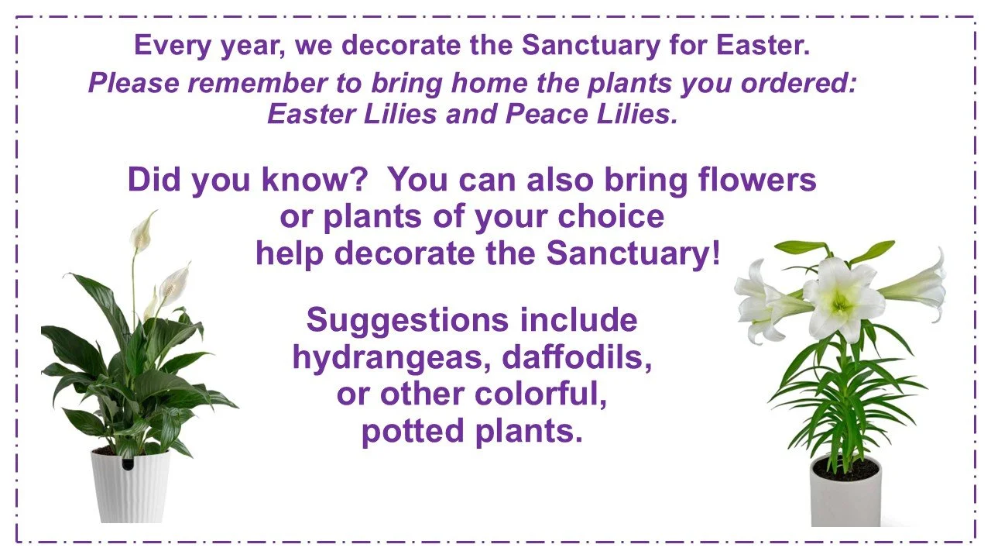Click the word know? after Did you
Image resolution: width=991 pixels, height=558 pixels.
pyautogui.click(x=314, y=180)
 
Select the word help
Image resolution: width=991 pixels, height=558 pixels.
pyautogui.click(x=290, y=253)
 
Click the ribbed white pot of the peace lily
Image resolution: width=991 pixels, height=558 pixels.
pyautogui.click(x=130, y=488)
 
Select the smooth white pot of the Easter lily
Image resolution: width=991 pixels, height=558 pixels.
pyautogui.click(x=845, y=500)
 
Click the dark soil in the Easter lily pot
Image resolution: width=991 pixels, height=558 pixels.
pyautogui.click(x=845, y=468)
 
